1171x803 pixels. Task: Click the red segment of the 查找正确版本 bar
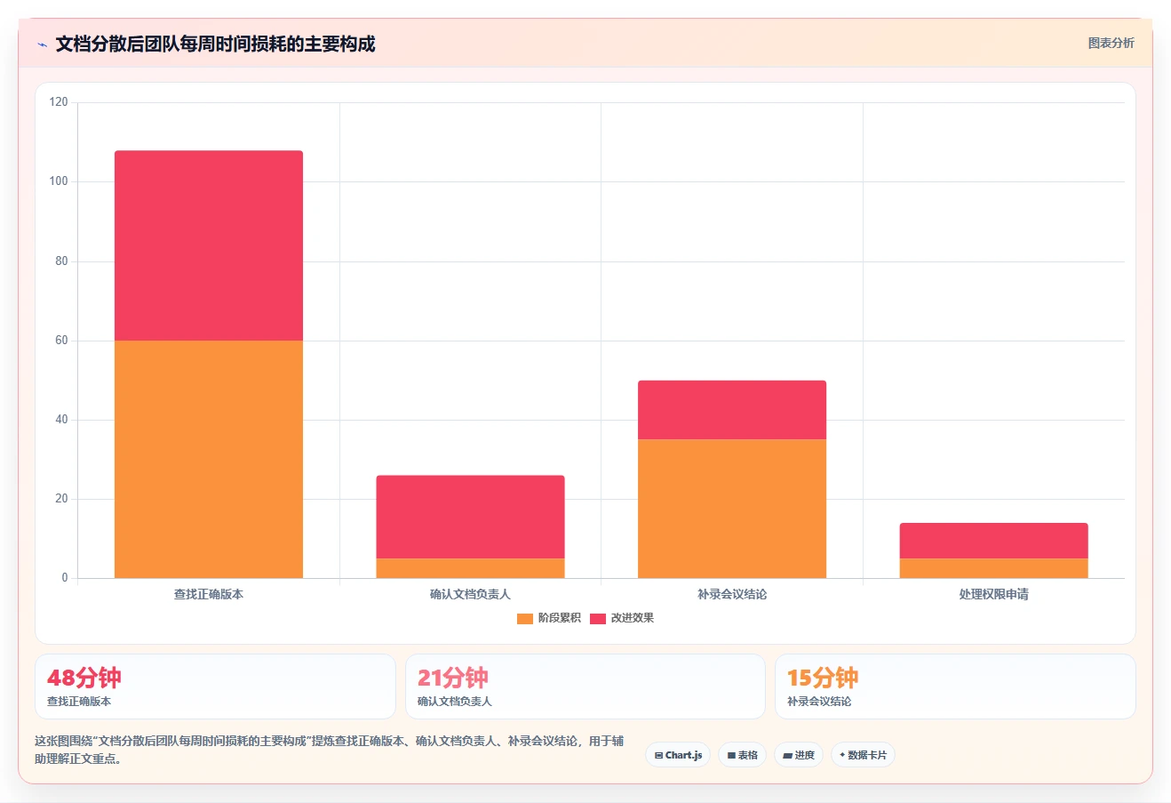tap(209, 245)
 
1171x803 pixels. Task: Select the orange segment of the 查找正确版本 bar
tap(209, 460)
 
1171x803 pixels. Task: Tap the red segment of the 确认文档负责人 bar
tap(471, 517)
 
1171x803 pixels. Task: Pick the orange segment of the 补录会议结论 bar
tap(732, 509)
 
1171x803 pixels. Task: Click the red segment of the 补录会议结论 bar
tap(732, 410)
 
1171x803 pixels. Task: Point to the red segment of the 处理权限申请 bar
tap(994, 541)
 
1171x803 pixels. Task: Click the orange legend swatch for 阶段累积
tap(525, 618)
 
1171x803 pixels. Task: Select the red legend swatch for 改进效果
tap(598, 618)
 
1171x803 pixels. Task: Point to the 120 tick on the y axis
tap(59, 102)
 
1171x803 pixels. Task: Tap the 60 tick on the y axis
tap(61, 340)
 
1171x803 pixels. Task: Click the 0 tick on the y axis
tap(65, 577)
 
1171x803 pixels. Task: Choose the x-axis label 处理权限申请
tap(994, 594)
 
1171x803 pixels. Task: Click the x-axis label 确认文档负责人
tap(470, 594)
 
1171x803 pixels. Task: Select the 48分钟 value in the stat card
tap(84, 678)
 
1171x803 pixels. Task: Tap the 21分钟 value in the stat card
tap(453, 678)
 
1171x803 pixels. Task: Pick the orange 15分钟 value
tap(823, 678)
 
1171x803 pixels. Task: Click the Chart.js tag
tap(678, 755)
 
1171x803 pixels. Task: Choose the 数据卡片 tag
tap(863, 755)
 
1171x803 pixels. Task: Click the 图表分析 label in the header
tap(1111, 43)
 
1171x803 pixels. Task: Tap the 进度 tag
tap(798, 755)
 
